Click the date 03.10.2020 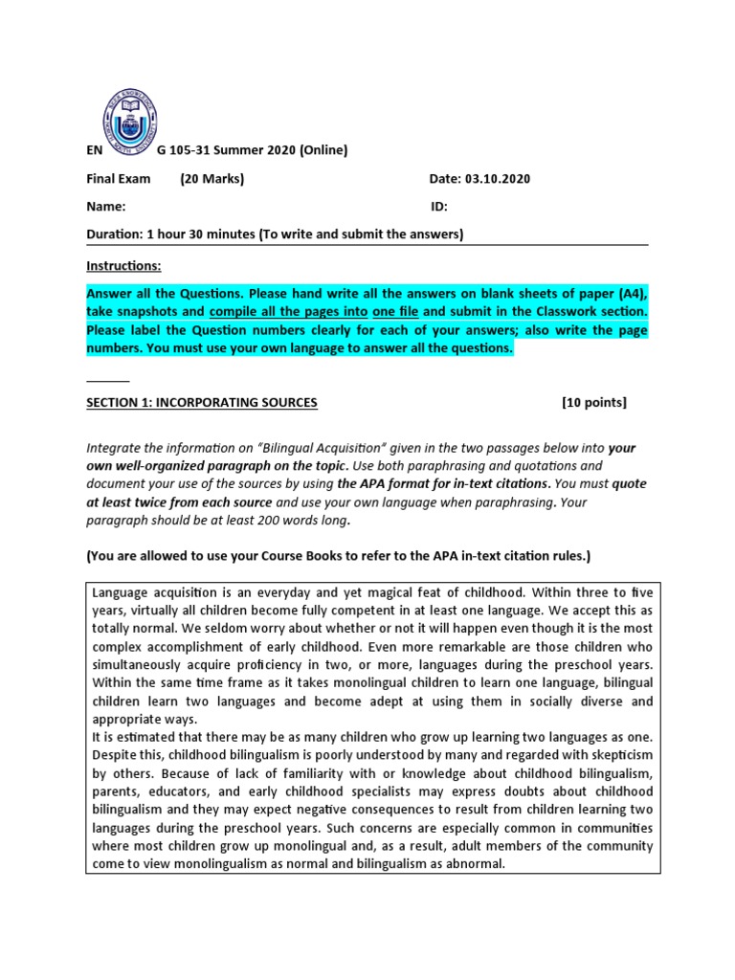pos(497,179)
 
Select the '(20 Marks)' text pos(212,179)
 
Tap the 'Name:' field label pos(105,206)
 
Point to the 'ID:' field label pos(439,206)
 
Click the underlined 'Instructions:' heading pos(123,265)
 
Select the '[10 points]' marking pos(593,403)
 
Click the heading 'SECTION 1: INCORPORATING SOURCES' pos(201,403)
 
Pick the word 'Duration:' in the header pos(114,234)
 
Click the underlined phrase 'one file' pos(394,312)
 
